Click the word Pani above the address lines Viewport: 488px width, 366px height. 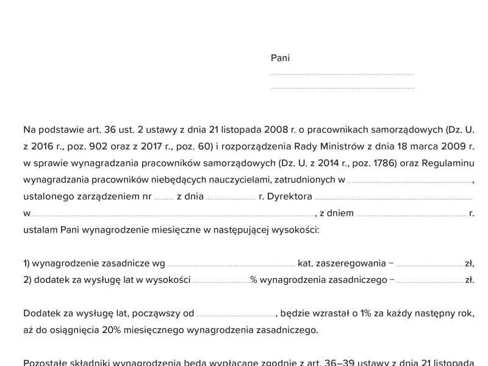(280, 59)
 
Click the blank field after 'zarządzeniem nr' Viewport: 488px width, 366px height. (163, 198)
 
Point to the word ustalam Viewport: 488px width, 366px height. (40, 231)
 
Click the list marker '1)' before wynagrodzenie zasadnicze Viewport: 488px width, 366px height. (27, 264)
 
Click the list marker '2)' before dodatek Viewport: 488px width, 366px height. (27, 281)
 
